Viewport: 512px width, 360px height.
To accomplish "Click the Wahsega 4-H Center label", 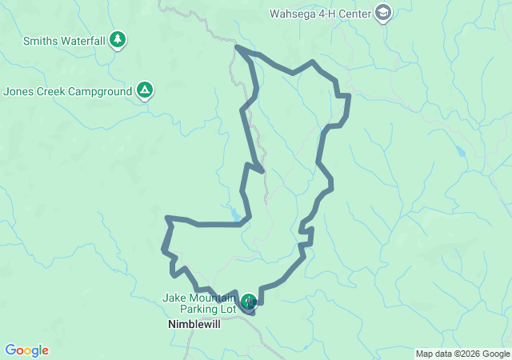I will pyautogui.click(x=320, y=13).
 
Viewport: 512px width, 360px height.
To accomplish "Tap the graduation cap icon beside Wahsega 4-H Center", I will pyautogui.click(x=384, y=13).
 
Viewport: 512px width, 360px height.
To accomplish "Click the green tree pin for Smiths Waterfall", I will pyautogui.click(x=118, y=38).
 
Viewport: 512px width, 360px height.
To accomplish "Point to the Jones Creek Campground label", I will pyautogui.click(x=67, y=91).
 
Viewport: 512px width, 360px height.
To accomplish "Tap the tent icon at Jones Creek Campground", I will pyautogui.click(x=144, y=90).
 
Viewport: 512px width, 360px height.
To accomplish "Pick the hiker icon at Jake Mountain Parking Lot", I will pyautogui.click(x=249, y=301).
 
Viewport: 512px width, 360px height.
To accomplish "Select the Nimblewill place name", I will pyautogui.click(x=194, y=325).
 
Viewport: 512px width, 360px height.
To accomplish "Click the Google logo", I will pyautogui.click(x=26, y=350).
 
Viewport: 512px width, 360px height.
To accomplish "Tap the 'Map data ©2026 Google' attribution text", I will pyautogui.click(x=462, y=354).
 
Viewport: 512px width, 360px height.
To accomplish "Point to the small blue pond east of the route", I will pyautogui.click(x=459, y=150).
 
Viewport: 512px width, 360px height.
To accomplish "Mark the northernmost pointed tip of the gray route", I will pyautogui.click(x=237, y=47).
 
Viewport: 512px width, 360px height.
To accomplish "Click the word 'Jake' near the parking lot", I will pyautogui.click(x=174, y=298).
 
